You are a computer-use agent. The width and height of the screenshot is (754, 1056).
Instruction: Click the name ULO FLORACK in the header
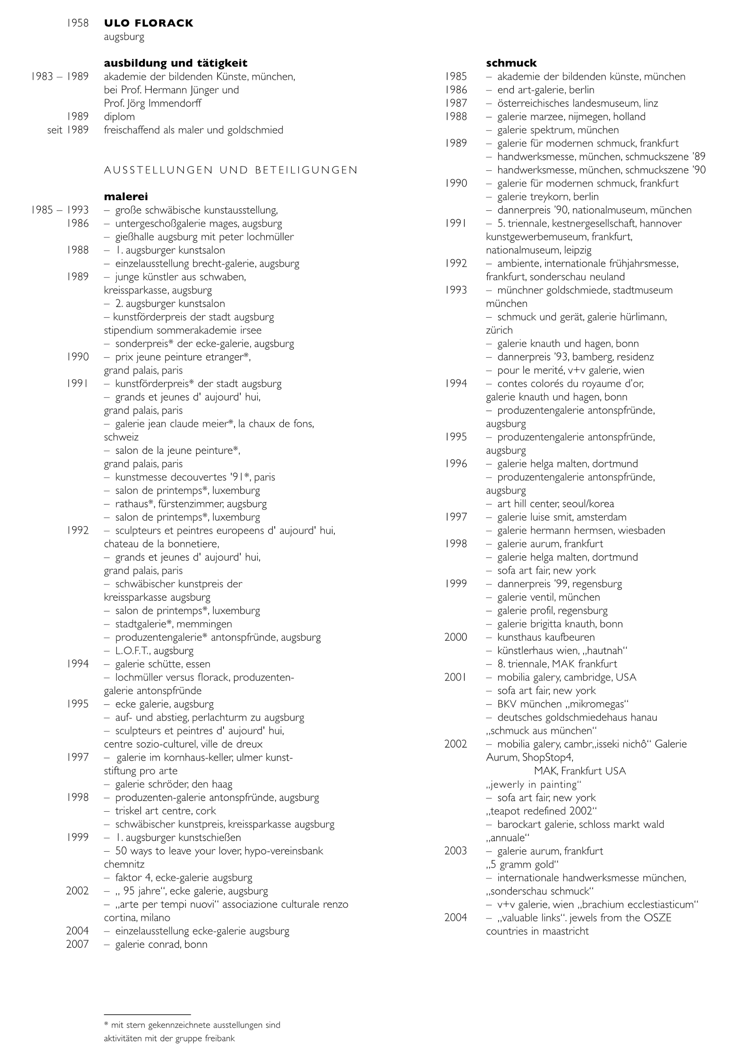(149, 23)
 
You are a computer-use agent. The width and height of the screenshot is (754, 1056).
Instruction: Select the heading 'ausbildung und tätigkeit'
(176, 63)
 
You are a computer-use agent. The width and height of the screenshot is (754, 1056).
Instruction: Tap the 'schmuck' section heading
(511, 63)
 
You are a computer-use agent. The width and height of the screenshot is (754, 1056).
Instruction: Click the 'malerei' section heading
(126, 196)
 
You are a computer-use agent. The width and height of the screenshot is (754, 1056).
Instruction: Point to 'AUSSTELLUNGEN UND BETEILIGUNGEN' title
(231, 170)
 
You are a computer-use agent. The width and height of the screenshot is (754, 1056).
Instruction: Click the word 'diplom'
(120, 117)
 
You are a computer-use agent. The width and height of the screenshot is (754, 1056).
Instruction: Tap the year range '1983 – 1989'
(60, 77)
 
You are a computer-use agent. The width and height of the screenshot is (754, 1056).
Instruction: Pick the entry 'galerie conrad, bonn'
(161, 944)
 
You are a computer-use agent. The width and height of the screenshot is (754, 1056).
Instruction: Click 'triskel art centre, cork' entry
(165, 811)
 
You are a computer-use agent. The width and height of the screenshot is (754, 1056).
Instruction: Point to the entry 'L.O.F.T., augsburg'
(154, 651)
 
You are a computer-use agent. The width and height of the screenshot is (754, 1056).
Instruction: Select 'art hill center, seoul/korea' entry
(555, 504)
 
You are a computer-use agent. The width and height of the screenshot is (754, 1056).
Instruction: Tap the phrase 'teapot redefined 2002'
(541, 811)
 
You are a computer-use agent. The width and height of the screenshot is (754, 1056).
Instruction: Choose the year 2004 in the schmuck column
(455, 918)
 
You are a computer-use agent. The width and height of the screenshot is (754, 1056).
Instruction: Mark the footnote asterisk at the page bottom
(106, 1025)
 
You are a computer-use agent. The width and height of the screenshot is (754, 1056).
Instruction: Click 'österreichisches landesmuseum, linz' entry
(578, 103)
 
